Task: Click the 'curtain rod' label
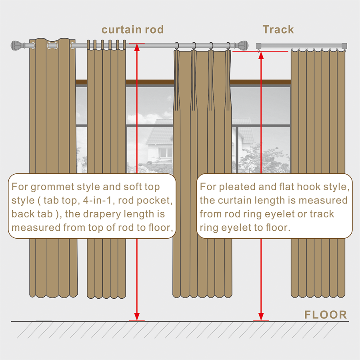(132, 30)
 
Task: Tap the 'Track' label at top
(278, 30)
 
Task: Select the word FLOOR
(326, 315)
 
